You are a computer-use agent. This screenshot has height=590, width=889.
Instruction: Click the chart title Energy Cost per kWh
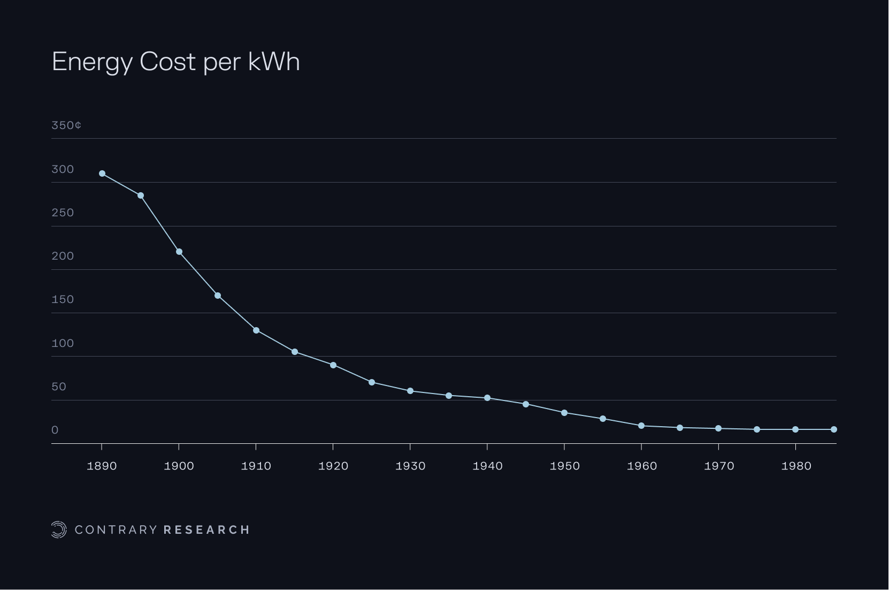(x=175, y=62)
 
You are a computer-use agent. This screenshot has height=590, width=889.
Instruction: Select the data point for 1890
(x=102, y=173)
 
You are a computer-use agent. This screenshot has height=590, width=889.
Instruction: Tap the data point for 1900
(x=179, y=252)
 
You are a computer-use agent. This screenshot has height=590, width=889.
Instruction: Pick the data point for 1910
(x=256, y=330)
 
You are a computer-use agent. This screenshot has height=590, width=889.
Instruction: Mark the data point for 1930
(x=410, y=391)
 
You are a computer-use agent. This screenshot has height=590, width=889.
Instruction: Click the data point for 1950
(x=564, y=413)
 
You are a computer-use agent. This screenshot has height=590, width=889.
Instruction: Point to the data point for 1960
(x=641, y=426)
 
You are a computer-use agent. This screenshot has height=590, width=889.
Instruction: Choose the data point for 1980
(x=795, y=429)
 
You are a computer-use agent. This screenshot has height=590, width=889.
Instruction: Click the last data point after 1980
(x=834, y=429)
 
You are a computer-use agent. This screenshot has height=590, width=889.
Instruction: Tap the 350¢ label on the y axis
(x=66, y=125)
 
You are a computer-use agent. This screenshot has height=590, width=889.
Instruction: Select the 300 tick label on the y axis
(x=63, y=169)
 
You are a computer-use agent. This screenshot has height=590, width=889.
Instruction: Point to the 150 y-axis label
(x=63, y=299)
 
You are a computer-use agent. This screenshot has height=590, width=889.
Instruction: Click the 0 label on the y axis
(x=55, y=430)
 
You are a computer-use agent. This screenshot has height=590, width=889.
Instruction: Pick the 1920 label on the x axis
(x=333, y=466)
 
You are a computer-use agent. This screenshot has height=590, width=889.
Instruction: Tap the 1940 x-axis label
(x=487, y=466)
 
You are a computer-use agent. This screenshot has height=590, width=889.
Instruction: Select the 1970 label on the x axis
(x=719, y=466)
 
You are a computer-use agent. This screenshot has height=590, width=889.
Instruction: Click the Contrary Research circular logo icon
(x=58, y=530)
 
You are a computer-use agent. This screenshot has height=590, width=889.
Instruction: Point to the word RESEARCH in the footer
(x=206, y=530)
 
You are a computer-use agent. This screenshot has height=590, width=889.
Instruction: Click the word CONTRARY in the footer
(x=116, y=530)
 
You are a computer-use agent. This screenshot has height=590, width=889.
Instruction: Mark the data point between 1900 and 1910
(x=218, y=296)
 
